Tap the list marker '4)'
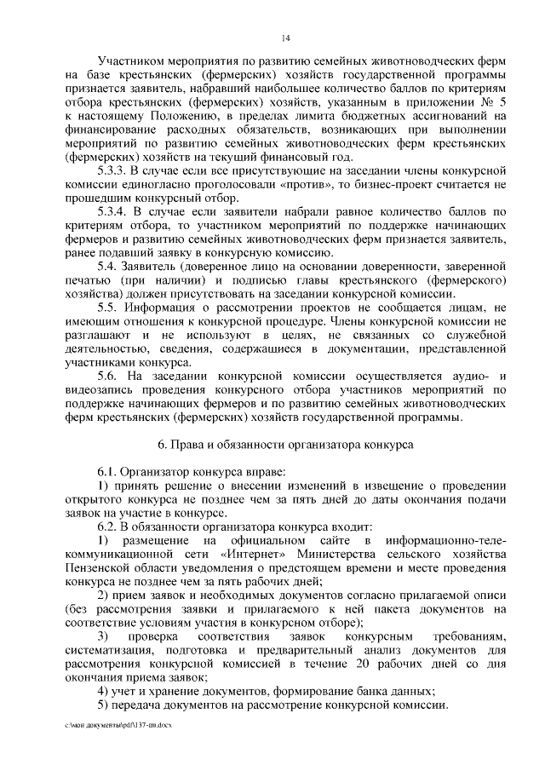point(102,691)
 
